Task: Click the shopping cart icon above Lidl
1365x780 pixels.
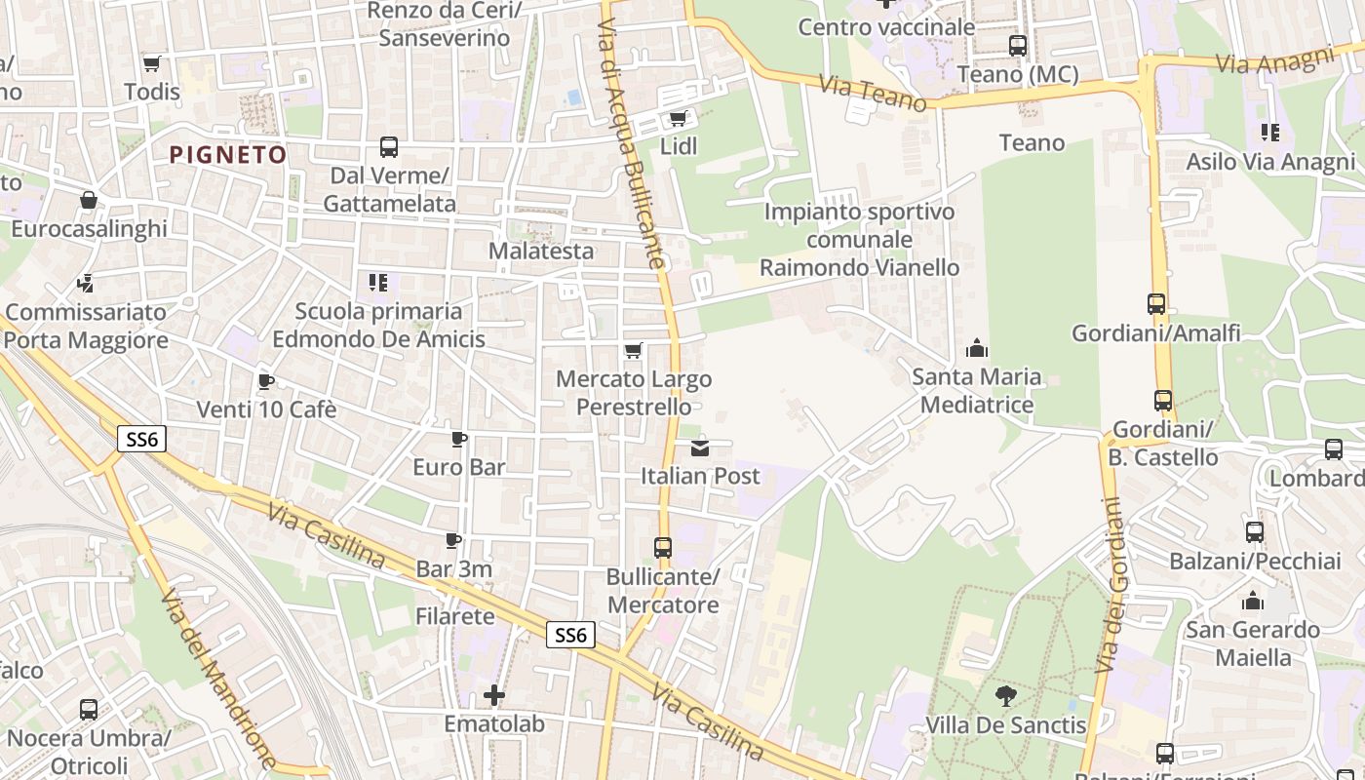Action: (x=678, y=119)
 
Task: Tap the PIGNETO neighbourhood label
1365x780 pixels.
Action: (x=228, y=154)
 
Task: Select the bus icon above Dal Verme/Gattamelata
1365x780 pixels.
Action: (x=389, y=147)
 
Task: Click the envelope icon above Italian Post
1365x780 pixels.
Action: (x=700, y=448)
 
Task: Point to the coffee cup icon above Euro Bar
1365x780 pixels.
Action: (x=459, y=439)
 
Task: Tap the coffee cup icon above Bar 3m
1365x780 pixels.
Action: (x=453, y=540)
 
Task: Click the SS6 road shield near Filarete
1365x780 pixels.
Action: (x=569, y=635)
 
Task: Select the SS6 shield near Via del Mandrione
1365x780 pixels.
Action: (x=141, y=439)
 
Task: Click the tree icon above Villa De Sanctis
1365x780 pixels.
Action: (x=1005, y=696)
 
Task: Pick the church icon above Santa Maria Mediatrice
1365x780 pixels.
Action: (x=977, y=348)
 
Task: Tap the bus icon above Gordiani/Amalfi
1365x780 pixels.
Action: (x=1156, y=304)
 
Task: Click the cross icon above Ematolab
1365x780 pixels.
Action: (x=494, y=695)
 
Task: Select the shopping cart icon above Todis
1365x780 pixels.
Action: (x=151, y=63)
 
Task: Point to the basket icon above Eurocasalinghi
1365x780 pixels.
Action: (x=89, y=200)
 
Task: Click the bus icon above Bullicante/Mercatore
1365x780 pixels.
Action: (x=663, y=548)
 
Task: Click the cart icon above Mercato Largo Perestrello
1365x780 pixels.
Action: (x=634, y=351)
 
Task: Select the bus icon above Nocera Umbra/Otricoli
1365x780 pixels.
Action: (x=89, y=710)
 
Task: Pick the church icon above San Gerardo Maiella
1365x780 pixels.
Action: (x=1253, y=601)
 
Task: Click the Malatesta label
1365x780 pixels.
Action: (x=541, y=251)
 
